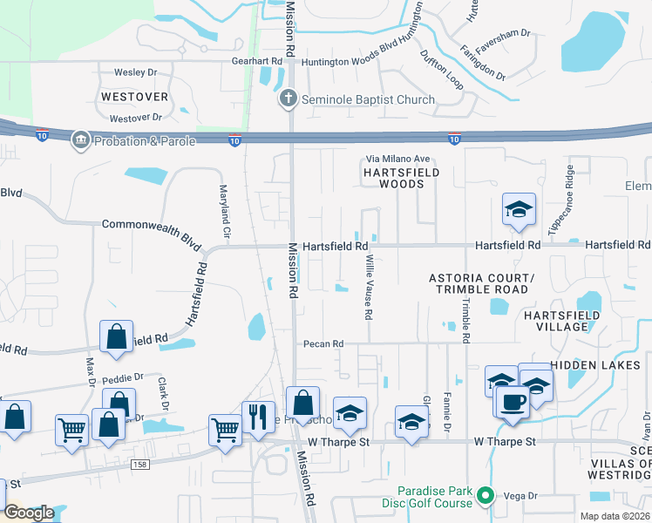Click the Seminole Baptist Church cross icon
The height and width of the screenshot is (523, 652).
click(289, 99)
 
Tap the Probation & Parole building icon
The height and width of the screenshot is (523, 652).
click(81, 140)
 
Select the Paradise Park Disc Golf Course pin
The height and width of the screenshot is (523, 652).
click(488, 497)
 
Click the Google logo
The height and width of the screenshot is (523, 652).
click(28, 513)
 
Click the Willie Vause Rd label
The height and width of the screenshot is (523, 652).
click(370, 285)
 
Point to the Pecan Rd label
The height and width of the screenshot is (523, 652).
click(320, 344)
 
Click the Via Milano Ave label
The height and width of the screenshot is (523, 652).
click(397, 159)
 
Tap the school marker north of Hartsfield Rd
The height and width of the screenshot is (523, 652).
click(519, 210)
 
